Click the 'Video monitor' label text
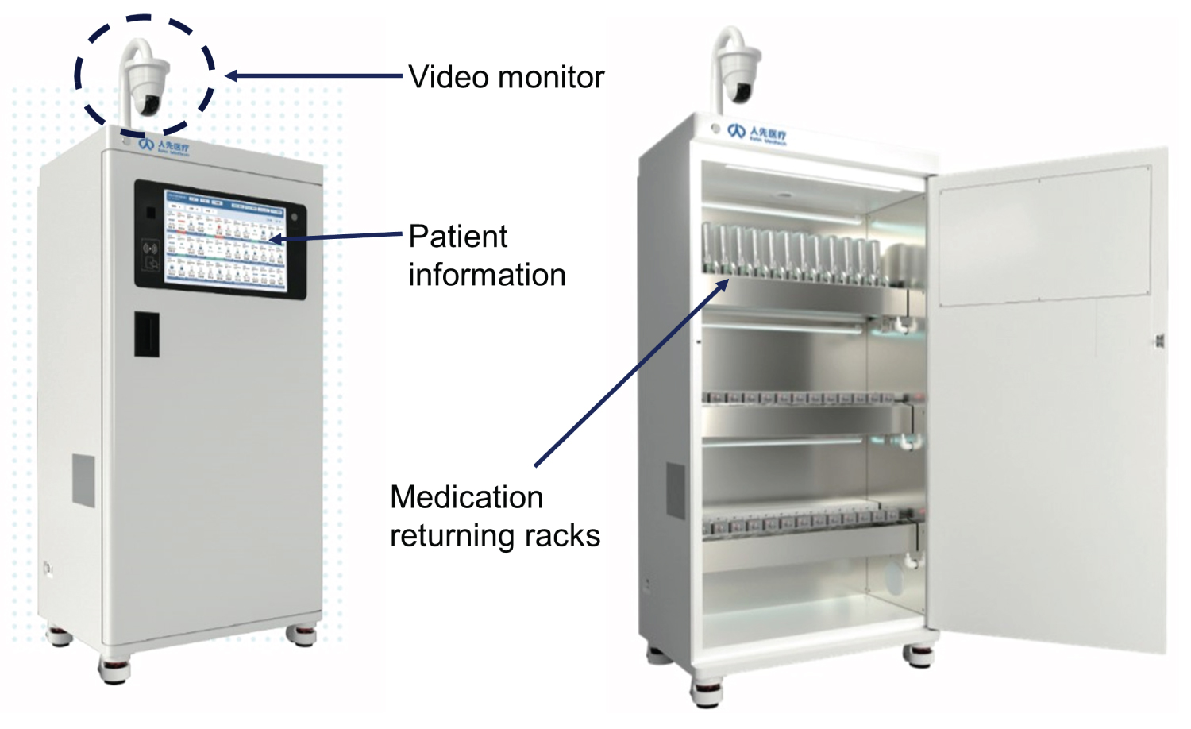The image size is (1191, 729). pos(506,77)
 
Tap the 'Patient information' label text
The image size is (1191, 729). pos(486,256)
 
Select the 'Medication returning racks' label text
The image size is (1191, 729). pos(494,516)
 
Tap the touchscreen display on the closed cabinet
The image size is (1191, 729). pos(225,237)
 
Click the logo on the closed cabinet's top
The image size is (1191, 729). pos(164,146)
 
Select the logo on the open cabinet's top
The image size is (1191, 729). pos(757,134)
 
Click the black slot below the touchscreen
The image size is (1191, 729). pos(146,334)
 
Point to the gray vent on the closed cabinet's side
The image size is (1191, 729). pos(84,480)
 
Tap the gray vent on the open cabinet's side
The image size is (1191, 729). pos(676,490)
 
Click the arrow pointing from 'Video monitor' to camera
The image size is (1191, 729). pos(314,76)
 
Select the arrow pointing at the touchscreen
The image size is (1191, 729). pos(337,236)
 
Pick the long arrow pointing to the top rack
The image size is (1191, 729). pos(631,372)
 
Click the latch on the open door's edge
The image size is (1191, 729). pos(1159,341)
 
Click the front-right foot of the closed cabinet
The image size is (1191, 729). pos(301,634)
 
